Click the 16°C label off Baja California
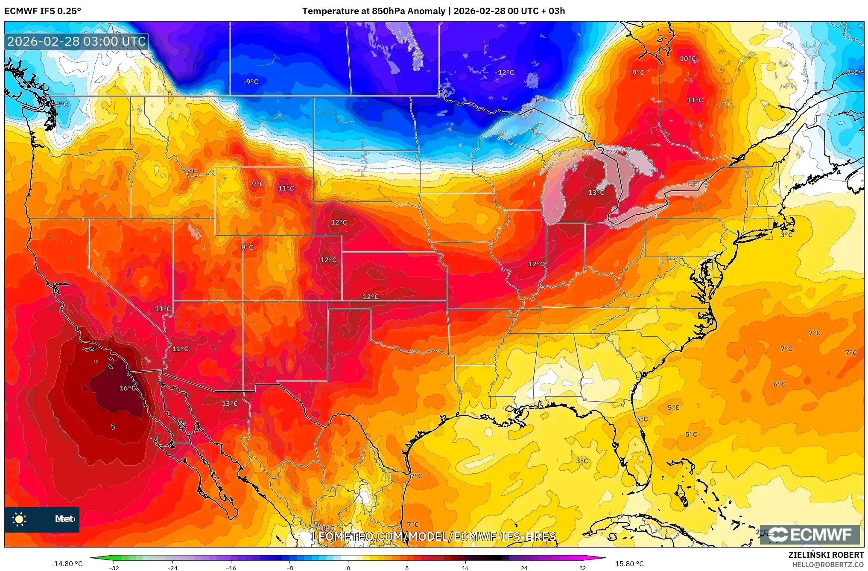pos(127,388)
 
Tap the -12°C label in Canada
pos(504,73)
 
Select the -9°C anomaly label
pos(251,82)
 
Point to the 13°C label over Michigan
pos(596,192)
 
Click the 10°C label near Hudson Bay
pos(687,58)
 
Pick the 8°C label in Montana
pos(191,171)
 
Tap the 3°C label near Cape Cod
pos(786,235)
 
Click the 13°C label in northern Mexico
pos(229,403)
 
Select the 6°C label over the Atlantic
pos(779,384)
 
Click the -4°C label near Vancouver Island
pos(61,104)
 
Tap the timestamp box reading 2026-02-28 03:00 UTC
pos(77,41)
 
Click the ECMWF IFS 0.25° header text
pos(43,11)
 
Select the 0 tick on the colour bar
pos(348,568)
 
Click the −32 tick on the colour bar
pos(114,568)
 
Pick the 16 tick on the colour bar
pos(465,568)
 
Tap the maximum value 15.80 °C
pos(629,564)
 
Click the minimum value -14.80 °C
pos(67,564)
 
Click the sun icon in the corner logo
pos(19,519)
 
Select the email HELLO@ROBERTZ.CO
pos(828,565)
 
